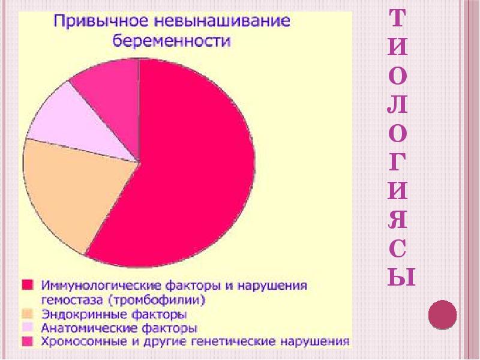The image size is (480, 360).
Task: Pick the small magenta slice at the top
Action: click(111, 84)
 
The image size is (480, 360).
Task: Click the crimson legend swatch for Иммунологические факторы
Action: click(28, 283)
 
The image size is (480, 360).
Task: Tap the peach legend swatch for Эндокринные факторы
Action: click(28, 313)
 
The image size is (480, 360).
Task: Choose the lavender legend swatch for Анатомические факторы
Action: click(28, 328)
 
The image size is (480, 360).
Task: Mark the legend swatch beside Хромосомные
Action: click(28, 342)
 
